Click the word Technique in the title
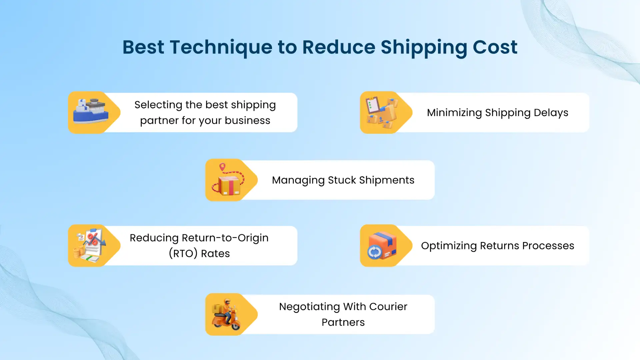coord(221,47)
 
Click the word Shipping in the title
coord(424,47)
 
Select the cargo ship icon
coord(90,111)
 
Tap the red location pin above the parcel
coord(222,167)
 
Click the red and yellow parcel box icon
coord(229,185)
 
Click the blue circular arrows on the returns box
coord(374,252)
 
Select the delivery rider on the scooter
coord(227,315)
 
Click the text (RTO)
coord(183,254)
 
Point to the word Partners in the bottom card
coord(343,322)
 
